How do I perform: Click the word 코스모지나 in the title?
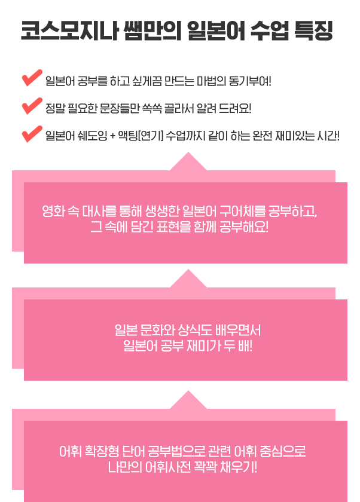[x=70, y=31]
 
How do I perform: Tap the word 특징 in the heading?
[x=313, y=31]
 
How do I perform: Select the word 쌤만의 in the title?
[x=152, y=31]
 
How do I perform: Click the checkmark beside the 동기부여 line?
[x=32, y=78]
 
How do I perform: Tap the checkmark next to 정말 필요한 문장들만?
[x=32, y=106]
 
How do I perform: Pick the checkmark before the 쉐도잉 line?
[x=32, y=134]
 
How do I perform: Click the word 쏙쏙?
[x=152, y=109]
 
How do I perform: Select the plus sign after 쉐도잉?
[x=112, y=136]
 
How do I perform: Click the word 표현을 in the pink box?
[x=173, y=227]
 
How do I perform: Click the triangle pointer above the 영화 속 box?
[x=188, y=162]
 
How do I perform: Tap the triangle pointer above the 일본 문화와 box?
[x=188, y=279]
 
